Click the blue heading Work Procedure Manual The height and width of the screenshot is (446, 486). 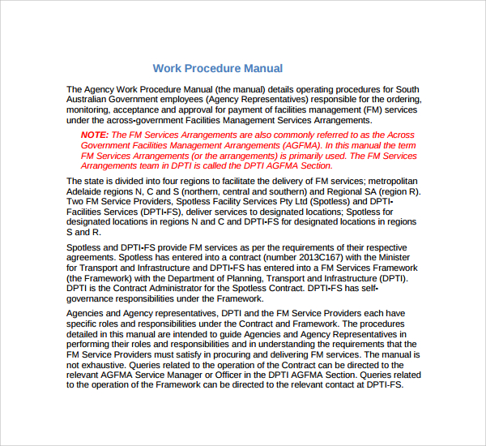(x=218, y=68)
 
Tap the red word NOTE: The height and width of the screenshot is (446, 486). (x=94, y=135)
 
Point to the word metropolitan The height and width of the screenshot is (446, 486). (x=390, y=180)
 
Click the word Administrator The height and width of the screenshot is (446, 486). (x=184, y=289)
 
